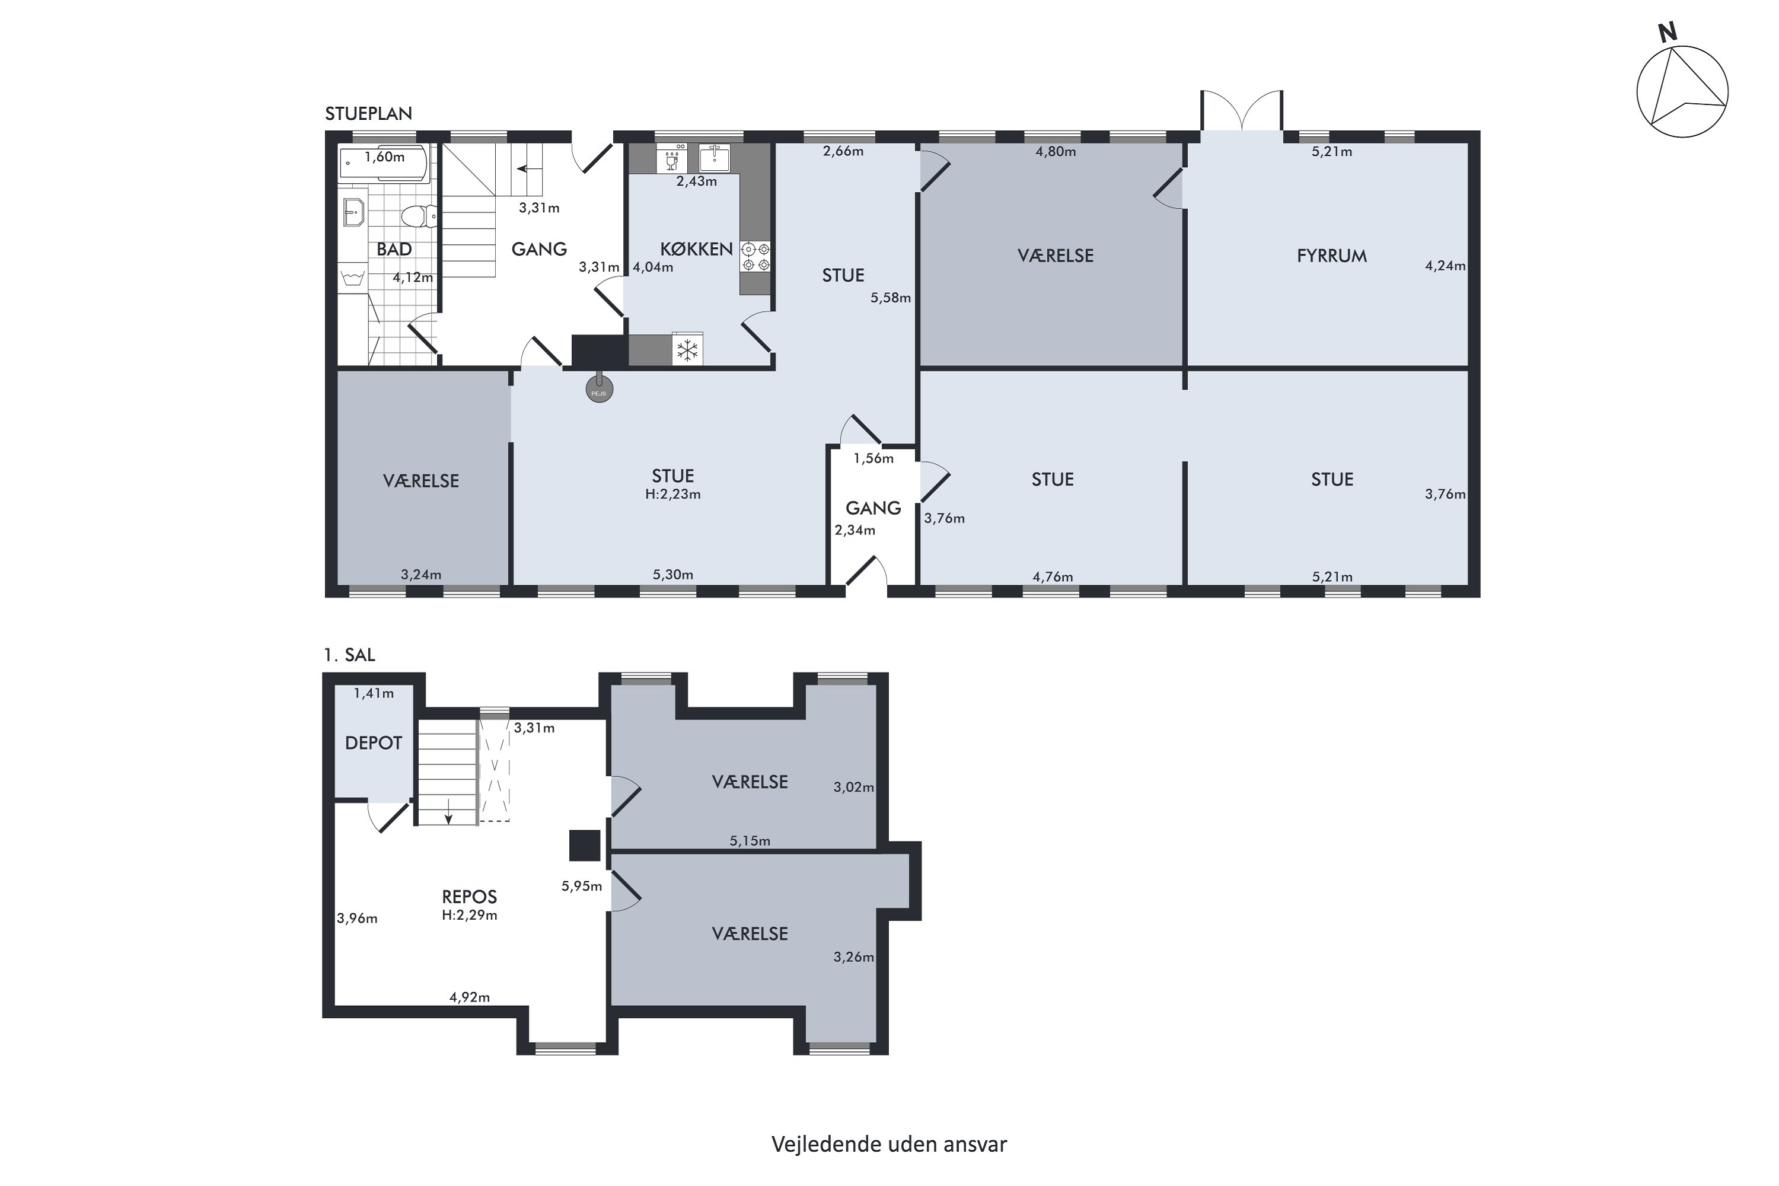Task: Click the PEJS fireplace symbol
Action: tap(599, 390)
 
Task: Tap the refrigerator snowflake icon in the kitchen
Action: tap(687, 350)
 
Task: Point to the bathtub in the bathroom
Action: tap(384, 162)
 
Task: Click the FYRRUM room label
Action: tap(1331, 256)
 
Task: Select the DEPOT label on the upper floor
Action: tap(373, 743)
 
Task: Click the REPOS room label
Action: tap(469, 896)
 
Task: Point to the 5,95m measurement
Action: tap(582, 887)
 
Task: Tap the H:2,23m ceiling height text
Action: tap(672, 494)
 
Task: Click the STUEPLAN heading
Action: tap(368, 113)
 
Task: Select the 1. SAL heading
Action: tap(349, 655)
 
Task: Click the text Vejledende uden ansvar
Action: tap(889, 1144)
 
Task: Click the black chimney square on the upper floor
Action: tap(585, 845)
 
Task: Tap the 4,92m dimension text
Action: tap(469, 997)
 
